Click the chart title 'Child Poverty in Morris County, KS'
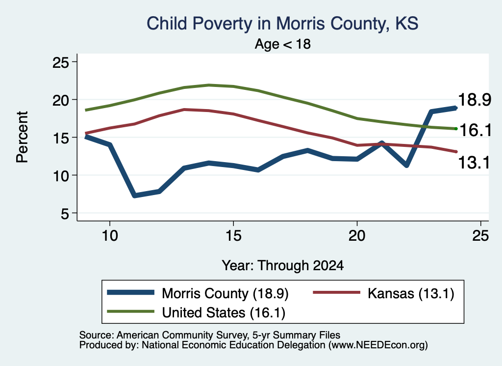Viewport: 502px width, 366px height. coord(282,24)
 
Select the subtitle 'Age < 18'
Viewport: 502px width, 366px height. coord(283,44)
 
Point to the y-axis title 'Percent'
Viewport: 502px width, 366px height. coord(22,137)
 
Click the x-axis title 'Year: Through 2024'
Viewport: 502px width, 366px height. coord(283,266)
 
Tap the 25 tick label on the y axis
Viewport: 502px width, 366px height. coord(60,62)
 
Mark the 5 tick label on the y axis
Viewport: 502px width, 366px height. coord(65,213)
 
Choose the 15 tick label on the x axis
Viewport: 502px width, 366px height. coord(233,236)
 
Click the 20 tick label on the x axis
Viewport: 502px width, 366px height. coord(357,236)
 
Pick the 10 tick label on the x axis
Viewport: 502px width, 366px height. coord(110,236)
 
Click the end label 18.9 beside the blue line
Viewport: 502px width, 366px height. coord(475,100)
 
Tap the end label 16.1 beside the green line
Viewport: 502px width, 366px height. coord(475,130)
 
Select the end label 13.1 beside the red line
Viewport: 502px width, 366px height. coord(474,162)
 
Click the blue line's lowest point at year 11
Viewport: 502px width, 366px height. coord(135,196)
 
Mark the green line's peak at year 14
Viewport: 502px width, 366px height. coord(209,85)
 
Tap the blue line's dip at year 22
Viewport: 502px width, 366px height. coord(406,166)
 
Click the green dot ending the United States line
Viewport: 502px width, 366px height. coord(456,129)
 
